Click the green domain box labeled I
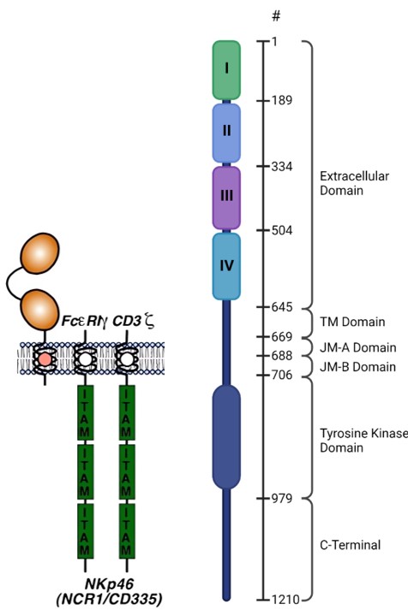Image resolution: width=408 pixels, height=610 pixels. [x=226, y=68]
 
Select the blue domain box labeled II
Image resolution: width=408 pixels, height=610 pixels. [x=226, y=132]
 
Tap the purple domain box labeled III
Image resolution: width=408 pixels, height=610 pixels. [x=226, y=197]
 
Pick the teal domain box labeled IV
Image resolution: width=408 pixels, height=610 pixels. [x=226, y=265]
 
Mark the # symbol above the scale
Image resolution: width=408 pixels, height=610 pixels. [x=275, y=17]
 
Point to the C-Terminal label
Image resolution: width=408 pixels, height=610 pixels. [x=350, y=544]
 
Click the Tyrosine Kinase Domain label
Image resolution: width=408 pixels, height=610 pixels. [x=360, y=433]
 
